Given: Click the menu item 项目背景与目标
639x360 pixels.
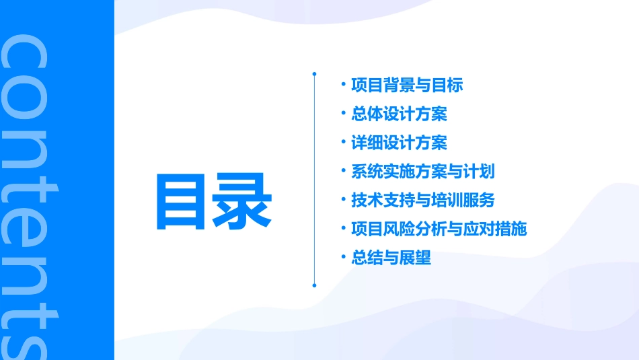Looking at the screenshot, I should pos(407,85).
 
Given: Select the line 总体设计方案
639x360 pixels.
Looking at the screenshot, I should pos(399,114).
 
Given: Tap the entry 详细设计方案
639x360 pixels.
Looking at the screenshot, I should pos(399,143).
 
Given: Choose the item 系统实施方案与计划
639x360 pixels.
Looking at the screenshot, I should pos(422,172).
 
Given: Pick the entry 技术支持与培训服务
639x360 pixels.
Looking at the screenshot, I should pos(422,201).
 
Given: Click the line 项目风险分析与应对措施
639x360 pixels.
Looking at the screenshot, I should pos(439,229).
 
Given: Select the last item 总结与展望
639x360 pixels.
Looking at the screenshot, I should pos(391,258).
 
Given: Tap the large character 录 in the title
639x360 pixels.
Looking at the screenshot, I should pos(243,201).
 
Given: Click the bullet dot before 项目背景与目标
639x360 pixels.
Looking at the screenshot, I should pos(343,85).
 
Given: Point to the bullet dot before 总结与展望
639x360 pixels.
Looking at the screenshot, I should pos(343,257).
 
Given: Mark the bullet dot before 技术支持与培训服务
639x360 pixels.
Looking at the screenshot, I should pos(343,200).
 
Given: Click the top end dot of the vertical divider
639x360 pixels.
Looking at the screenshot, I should pos(314,73).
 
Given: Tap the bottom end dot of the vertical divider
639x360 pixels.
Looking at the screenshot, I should pos(314,285).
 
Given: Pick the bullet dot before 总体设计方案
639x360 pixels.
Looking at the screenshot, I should pos(343,114).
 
